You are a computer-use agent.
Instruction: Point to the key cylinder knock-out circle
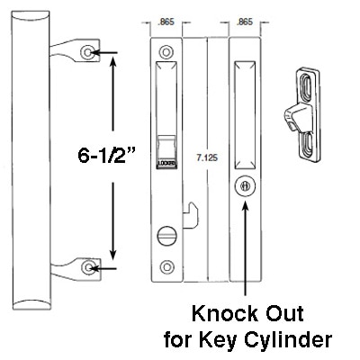click(245, 186)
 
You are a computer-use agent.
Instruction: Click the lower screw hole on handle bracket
click(86, 267)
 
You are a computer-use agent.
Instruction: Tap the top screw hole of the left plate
click(165, 49)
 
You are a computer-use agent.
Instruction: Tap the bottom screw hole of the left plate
click(165, 266)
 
